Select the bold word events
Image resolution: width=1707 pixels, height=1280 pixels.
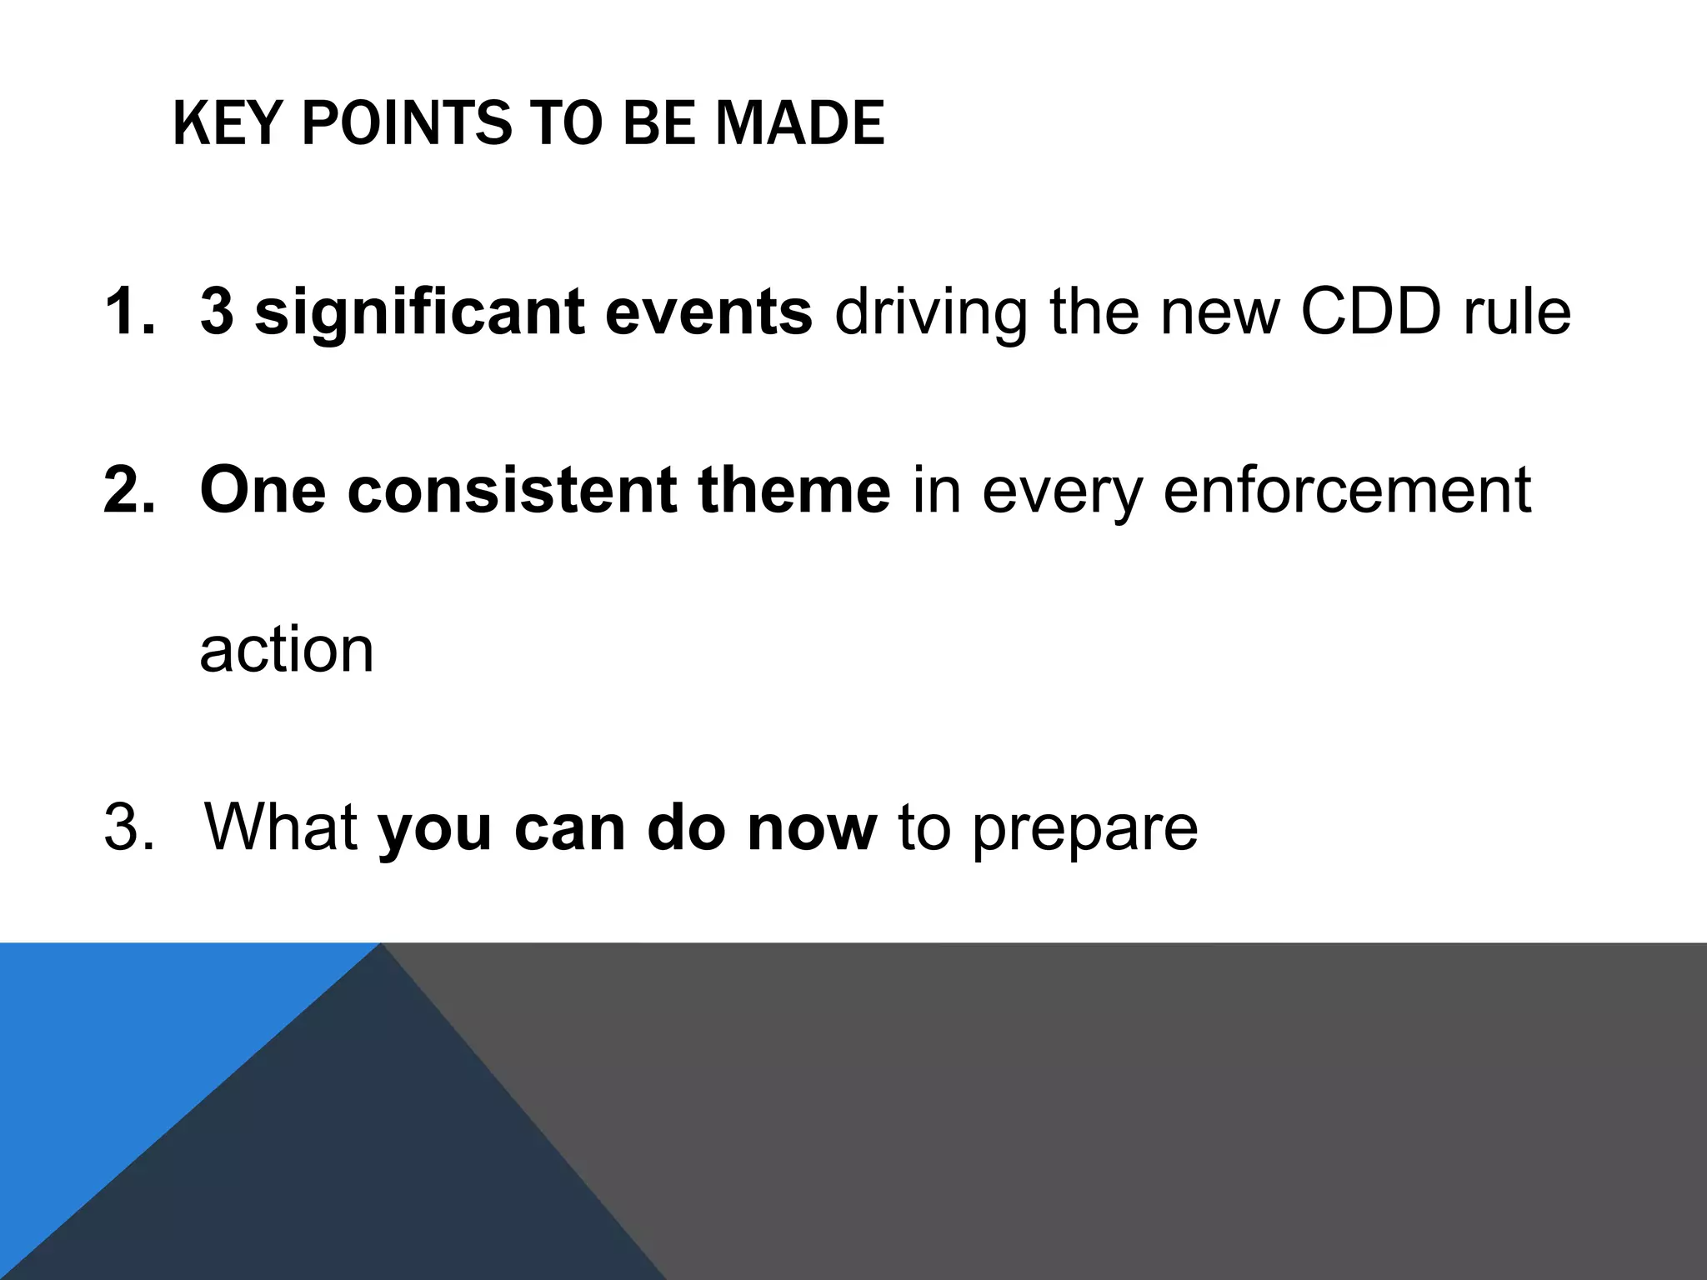[708, 312]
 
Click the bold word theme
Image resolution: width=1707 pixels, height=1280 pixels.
[794, 490]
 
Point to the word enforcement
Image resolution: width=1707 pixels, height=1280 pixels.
[1347, 490]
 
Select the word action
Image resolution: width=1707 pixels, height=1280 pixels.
[287, 650]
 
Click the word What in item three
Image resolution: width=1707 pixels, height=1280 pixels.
[281, 827]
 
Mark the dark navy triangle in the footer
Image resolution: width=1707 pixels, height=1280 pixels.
[375, 1167]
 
